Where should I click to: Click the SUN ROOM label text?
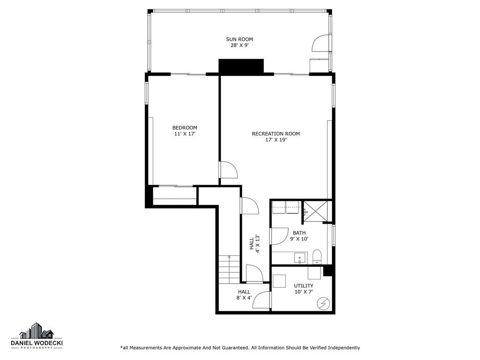[239, 39]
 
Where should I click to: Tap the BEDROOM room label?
[184, 127]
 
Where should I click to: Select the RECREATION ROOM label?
[276, 134]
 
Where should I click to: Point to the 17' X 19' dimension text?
[276, 140]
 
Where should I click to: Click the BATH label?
[299, 232]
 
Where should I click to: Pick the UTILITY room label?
[303, 285]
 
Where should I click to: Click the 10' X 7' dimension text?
[303, 292]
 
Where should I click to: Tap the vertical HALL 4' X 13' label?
[254, 244]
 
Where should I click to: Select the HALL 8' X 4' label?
[244, 294]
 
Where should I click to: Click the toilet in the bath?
[316, 257]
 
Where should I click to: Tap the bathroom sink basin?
[299, 258]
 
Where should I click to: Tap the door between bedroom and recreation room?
[229, 170]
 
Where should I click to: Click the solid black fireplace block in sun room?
[241, 66]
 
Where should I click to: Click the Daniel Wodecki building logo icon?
[37, 331]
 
